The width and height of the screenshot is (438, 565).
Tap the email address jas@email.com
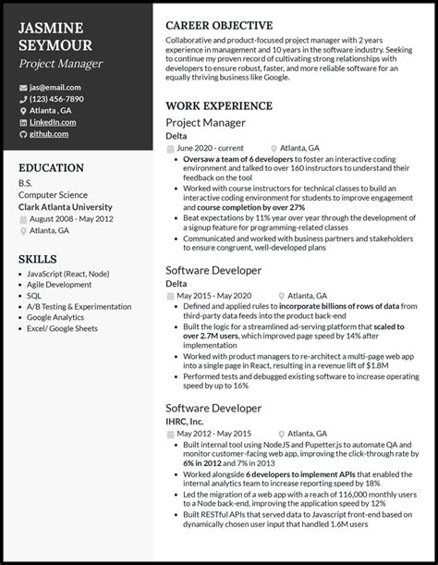click(x=55, y=87)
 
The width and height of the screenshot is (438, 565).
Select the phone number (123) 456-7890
click(x=56, y=99)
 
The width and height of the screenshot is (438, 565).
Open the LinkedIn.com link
click(x=52, y=122)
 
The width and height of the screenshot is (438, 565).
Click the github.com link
click(x=49, y=134)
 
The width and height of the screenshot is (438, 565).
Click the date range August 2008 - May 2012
click(x=72, y=219)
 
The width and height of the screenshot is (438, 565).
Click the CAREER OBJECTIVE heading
click(x=219, y=25)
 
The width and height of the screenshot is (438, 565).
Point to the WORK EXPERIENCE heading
click(x=219, y=105)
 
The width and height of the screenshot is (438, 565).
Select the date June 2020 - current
click(x=211, y=148)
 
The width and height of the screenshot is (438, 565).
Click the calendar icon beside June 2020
click(x=169, y=148)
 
